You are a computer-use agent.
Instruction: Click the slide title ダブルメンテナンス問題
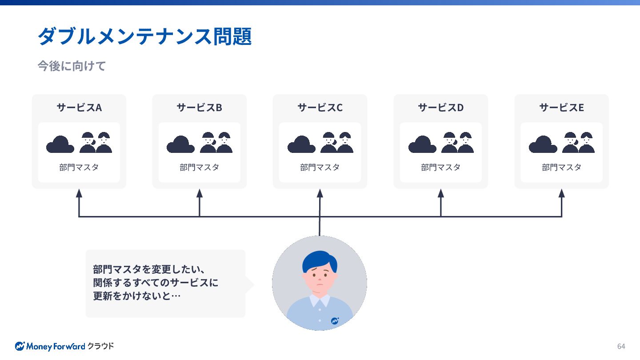(x=144, y=36)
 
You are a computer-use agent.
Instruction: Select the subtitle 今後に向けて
(x=72, y=66)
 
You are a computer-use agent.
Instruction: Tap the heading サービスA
(x=79, y=108)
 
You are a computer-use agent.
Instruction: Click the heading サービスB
(x=200, y=108)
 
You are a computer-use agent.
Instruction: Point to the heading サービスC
(x=320, y=108)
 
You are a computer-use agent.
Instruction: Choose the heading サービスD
(x=441, y=108)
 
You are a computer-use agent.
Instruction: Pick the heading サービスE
(x=561, y=108)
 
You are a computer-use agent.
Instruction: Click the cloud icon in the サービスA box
(x=60, y=144)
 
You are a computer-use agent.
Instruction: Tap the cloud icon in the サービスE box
(x=543, y=144)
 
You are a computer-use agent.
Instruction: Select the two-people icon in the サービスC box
(x=337, y=142)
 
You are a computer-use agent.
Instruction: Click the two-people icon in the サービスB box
(x=216, y=142)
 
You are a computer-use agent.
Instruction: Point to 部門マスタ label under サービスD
(x=441, y=168)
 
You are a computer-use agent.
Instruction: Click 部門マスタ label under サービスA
(x=79, y=168)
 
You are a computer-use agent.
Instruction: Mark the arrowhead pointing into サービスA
(x=79, y=193)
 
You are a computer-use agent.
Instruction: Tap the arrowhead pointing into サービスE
(x=561, y=193)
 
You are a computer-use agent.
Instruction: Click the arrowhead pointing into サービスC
(x=320, y=193)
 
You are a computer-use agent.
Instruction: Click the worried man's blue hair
(x=318, y=260)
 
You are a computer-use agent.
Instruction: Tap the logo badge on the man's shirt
(x=335, y=320)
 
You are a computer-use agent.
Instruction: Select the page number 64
(x=621, y=346)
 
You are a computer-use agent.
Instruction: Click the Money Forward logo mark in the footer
(x=20, y=346)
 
